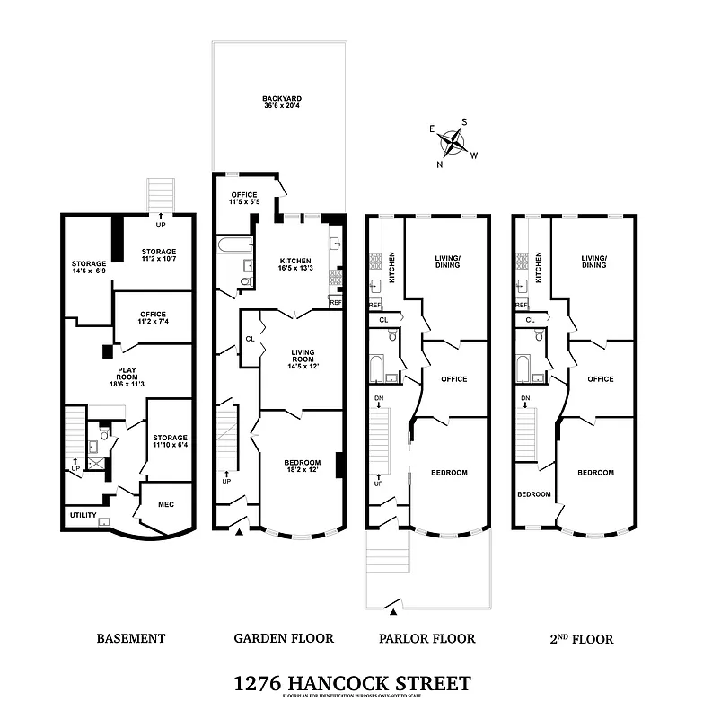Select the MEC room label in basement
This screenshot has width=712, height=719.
tap(165, 504)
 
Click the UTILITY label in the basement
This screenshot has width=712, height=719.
tap(83, 515)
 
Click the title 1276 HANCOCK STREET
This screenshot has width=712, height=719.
tap(351, 683)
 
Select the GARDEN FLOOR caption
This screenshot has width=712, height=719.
tap(283, 639)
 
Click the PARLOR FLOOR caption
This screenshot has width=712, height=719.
tap(429, 639)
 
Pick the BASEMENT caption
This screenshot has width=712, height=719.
tap(131, 639)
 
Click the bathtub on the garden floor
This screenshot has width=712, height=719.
tap(236, 244)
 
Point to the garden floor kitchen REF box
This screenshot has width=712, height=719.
tap(336, 303)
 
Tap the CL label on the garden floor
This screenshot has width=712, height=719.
tap(249, 339)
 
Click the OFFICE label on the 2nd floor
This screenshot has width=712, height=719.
tap(600, 379)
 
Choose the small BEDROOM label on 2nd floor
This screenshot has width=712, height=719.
tap(533, 494)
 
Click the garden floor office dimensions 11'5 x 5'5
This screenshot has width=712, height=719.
tap(245, 202)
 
